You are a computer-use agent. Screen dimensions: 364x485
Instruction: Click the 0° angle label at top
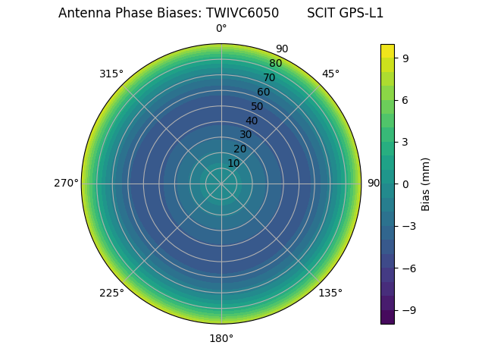coord(221,29)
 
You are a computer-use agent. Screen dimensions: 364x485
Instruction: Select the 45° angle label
coord(330,74)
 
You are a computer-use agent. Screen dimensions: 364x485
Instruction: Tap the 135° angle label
coord(330,293)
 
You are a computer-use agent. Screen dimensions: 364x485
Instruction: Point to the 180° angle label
coord(221,338)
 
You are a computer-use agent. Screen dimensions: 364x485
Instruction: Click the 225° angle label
coord(111,293)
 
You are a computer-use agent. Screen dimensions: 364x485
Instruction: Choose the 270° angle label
coord(66,184)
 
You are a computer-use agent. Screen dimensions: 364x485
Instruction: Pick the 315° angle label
coord(111,74)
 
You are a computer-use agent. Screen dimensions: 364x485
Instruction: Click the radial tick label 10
coord(233,163)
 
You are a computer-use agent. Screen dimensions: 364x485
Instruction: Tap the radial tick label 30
coord(246,135)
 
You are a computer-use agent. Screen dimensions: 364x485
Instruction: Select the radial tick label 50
coord(258,106)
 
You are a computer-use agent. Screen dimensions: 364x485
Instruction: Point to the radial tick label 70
coord(269,77)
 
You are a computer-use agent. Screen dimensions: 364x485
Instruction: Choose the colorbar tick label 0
coord(405,184)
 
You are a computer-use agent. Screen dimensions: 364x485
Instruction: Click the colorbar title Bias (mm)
coord(426,184)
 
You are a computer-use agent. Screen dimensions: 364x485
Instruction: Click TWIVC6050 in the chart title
coord(242,13)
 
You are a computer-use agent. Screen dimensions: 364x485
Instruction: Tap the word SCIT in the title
coord(321,13)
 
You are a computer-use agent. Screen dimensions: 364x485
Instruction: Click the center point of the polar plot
coord(221,184)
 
